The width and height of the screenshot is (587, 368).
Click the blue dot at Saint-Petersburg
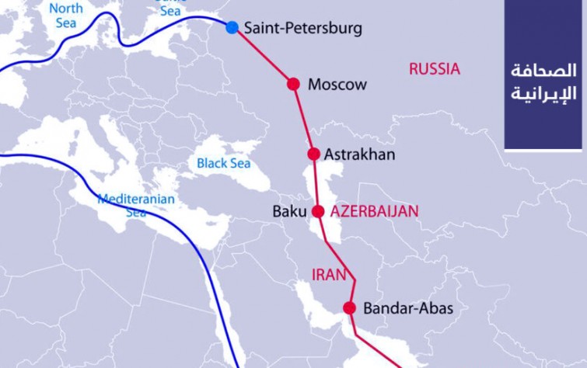click(x=232, y=28)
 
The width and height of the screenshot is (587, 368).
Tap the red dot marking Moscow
click(x=293, y=84)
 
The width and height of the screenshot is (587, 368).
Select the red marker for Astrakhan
click(x=313, y=154)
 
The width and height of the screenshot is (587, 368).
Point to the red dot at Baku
click(x=317, y=211)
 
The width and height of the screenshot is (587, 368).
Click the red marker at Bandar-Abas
click(x=349, y=308)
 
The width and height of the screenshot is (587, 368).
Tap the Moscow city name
click(x=337, y=85)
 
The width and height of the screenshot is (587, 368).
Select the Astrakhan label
click(x=359, y=154)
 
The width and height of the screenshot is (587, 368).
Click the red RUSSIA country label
click(x=435, y=69)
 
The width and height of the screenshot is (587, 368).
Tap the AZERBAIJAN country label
click(x=374, y=211)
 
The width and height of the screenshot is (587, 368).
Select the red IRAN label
click(x=327, y=274)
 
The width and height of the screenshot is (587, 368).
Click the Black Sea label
click(x=223, y=163)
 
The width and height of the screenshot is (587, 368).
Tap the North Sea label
click(x=65, y=15)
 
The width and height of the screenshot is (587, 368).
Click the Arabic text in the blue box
click(x=543, y=82)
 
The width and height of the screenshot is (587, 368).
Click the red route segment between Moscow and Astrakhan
click(x=303, y=119)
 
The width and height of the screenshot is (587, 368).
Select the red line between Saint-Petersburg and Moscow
click(x=263, y=57)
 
